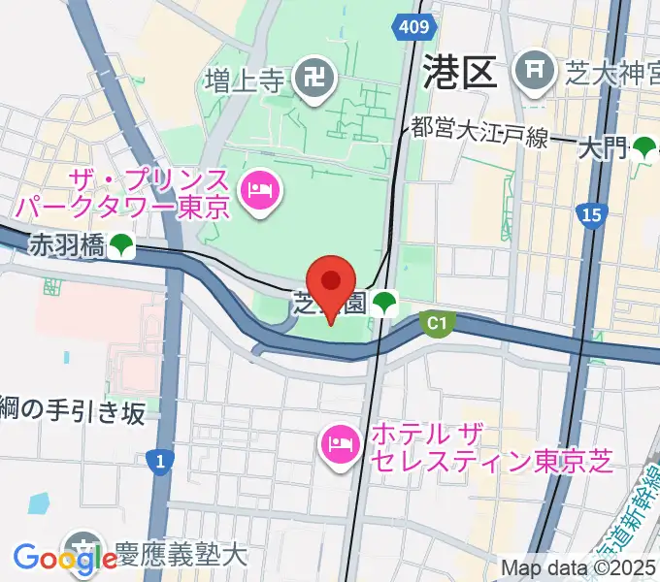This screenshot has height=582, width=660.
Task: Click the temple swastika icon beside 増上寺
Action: point(313,79)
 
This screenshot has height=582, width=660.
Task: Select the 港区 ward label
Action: point(460,71)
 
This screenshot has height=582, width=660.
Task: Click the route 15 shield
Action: point(588,214)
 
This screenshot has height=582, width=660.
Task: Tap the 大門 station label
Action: point(603,148)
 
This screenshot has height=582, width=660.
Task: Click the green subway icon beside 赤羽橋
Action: point(121,247)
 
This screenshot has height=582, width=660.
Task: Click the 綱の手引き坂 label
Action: point(73,411)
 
